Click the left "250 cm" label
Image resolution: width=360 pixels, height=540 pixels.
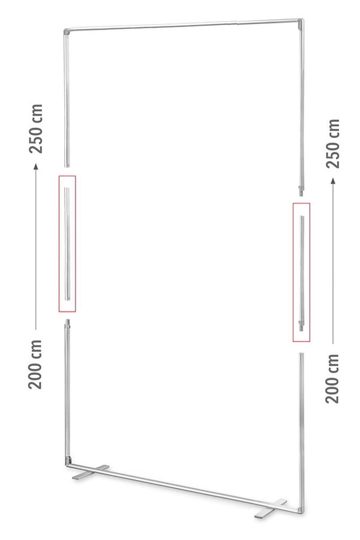36,128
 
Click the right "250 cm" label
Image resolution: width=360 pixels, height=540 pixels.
333,143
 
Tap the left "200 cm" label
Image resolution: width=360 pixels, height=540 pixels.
35,364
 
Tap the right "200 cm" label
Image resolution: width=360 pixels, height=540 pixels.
332,379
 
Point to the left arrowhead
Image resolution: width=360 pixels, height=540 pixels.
35,167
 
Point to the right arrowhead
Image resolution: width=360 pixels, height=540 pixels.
333,181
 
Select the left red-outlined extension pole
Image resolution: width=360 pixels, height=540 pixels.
67,244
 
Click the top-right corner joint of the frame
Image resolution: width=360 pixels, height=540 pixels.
301,23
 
